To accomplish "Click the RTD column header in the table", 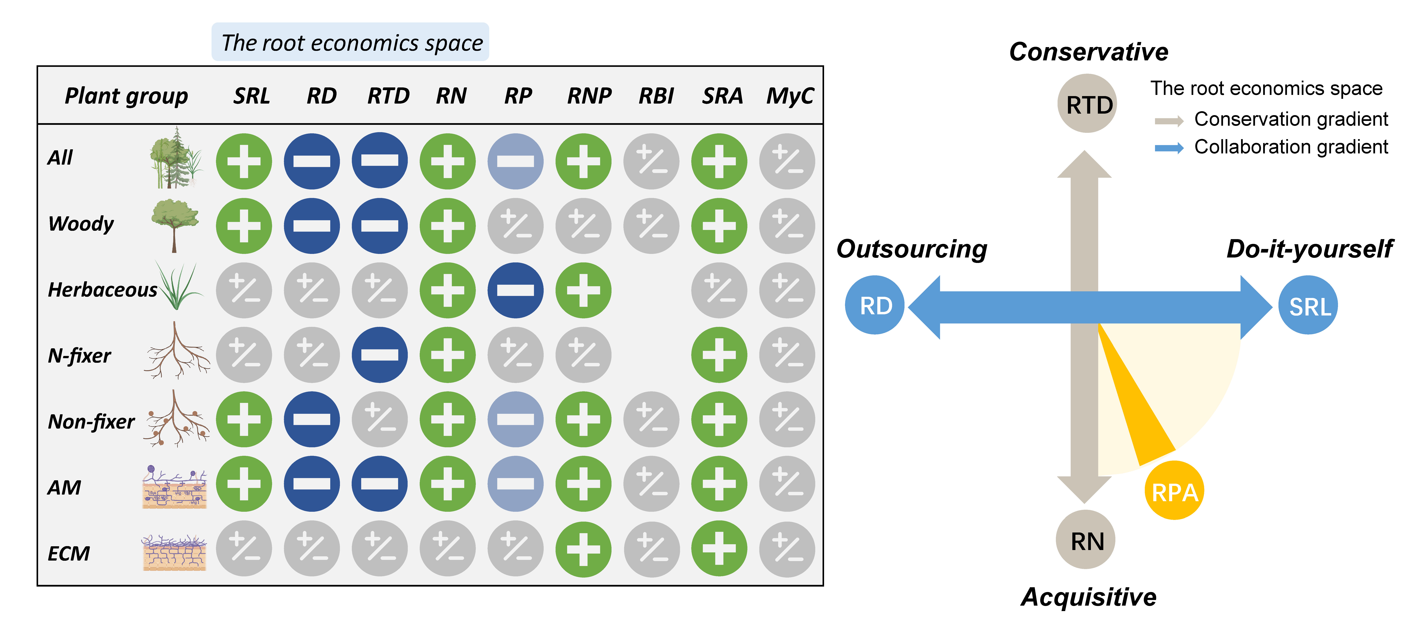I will tap(388, 96).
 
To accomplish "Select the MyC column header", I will tap(790, 96).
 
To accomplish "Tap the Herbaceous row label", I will tap(103, 289).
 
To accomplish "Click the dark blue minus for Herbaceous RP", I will tap(515, 290).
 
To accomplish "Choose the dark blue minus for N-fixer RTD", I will tap(379, 355).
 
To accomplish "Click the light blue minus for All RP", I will tap(515, 161).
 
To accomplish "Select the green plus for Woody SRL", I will tap(244, 226).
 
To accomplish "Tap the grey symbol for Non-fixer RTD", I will tap(379, 419).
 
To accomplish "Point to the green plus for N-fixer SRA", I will tap(719, 355).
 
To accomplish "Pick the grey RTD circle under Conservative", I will tap(1087, 104).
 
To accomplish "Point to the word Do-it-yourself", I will tap(1309, 249).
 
